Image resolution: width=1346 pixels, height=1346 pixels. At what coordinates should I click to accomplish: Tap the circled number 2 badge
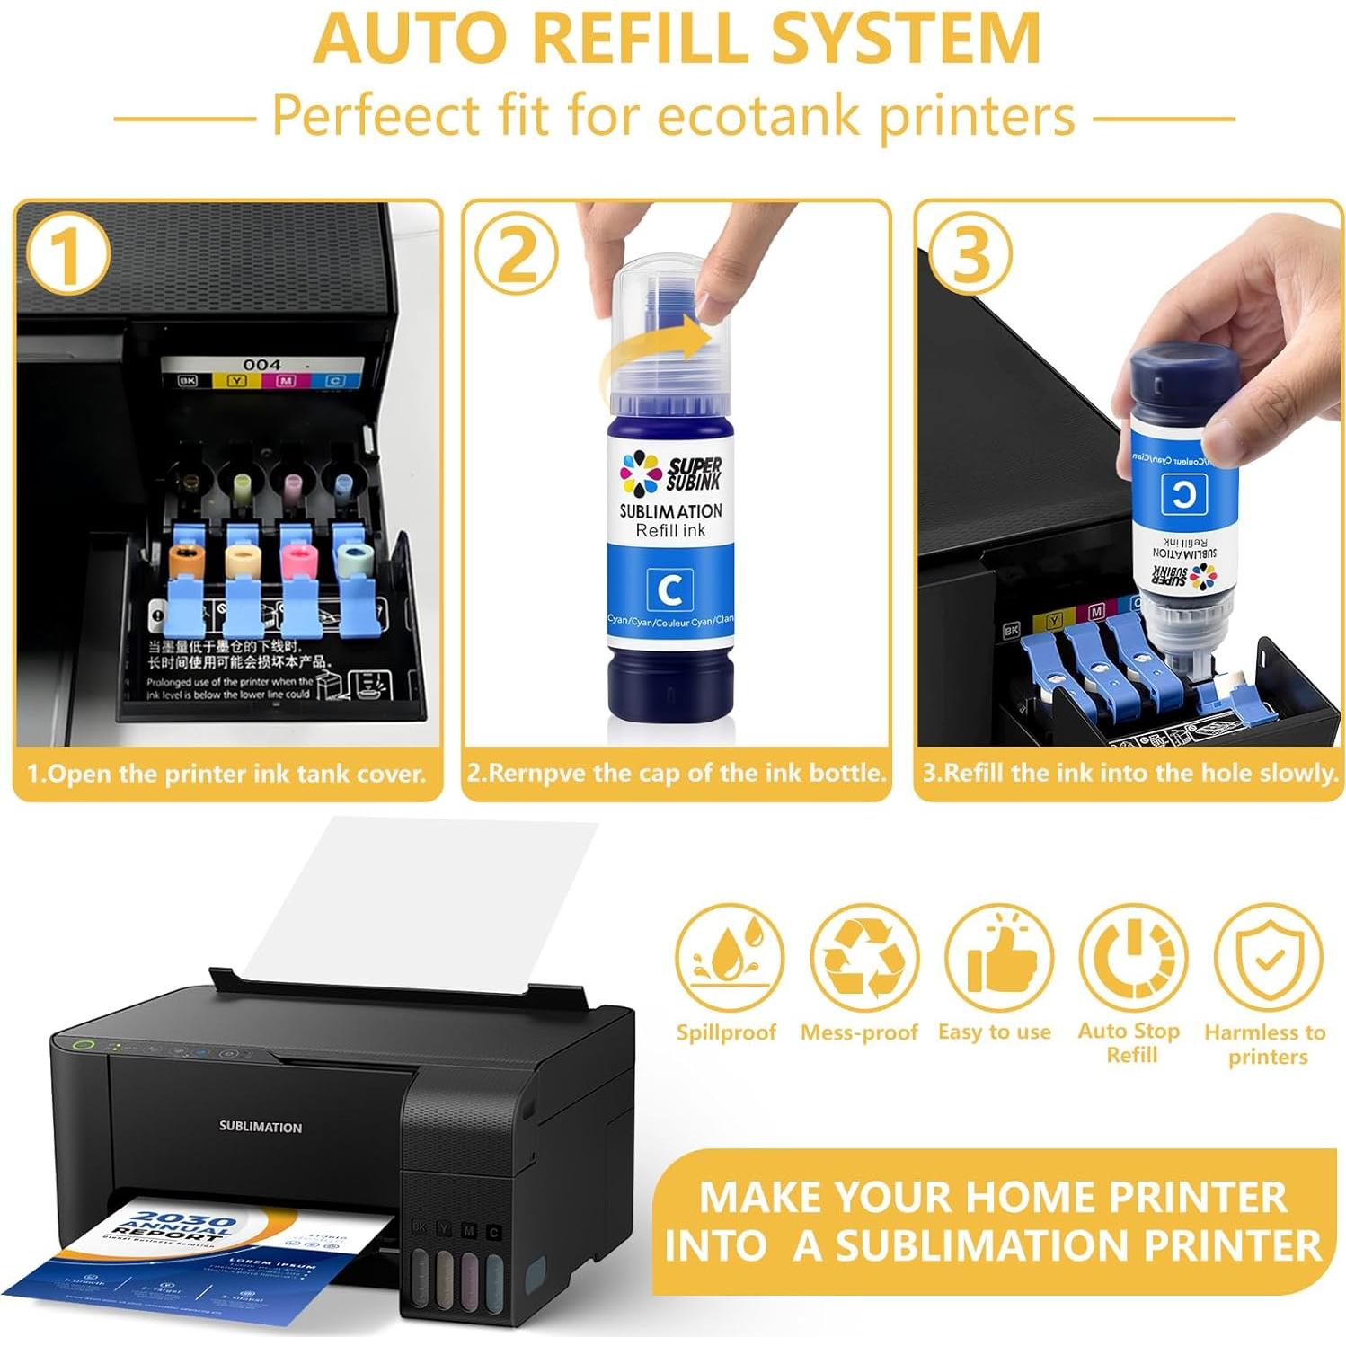coord(517,255)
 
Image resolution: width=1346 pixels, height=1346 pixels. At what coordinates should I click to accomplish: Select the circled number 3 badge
coord(970,253)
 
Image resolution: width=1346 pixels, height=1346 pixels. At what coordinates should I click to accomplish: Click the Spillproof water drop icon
coord(729,958)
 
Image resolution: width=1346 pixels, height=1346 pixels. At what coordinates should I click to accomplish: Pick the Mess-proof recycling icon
coord(863,958)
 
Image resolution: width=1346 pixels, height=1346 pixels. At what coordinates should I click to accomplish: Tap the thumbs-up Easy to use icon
coord(998,958)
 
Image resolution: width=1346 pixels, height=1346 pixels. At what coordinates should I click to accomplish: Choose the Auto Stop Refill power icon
coord(1133,958)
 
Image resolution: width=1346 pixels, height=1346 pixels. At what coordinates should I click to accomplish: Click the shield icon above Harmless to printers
coord(1268,958)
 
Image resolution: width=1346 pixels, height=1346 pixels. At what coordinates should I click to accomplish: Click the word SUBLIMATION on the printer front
coord(261,1127)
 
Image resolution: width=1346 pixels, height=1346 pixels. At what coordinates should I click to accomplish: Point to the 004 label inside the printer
coord(261,365)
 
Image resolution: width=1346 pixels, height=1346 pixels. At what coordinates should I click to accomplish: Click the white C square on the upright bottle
coord(669,589)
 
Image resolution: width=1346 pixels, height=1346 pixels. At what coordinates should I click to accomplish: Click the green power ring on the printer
coord(84,1045)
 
